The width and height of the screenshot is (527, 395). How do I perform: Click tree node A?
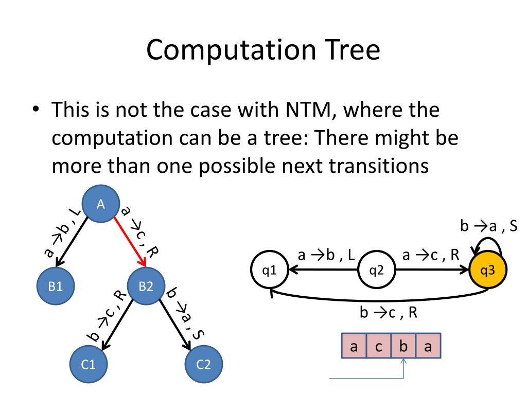(101, 204)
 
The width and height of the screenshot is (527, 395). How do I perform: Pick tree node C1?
(89, 365)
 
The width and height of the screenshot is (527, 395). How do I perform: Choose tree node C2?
(204, 365)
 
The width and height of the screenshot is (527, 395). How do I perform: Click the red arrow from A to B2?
(130, 241)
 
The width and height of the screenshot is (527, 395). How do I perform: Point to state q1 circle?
(269, 270)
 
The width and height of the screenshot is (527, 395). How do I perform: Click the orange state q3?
(487, 270)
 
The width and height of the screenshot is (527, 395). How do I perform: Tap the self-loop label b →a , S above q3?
(488, 226)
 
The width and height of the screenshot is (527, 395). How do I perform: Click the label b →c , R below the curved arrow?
(388, 313)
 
